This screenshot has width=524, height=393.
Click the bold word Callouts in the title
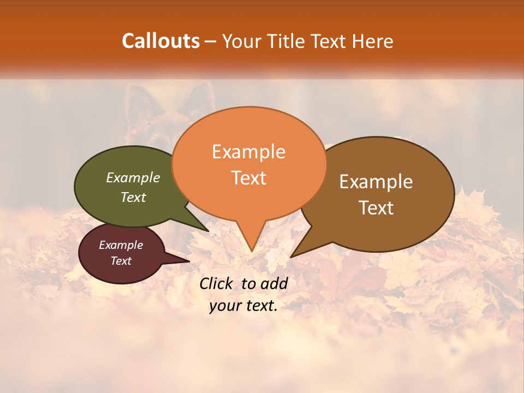[160, 41]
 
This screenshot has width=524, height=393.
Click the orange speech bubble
[249, 196]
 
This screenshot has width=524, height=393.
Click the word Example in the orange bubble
[248, 152]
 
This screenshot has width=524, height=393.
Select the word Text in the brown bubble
[376, 207]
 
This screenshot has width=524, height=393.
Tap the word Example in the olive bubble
[133, 177]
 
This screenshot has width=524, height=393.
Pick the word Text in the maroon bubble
[121, 261]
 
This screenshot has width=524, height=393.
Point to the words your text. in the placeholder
[243, 306]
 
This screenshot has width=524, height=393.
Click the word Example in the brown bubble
[376, 181]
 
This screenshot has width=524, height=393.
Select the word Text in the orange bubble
[249, 178]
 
